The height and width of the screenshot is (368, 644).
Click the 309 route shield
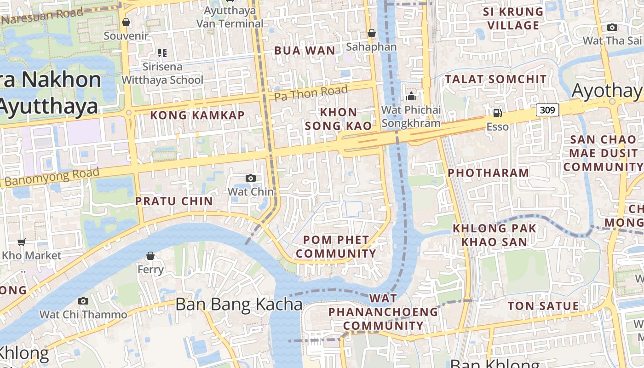click(x=547, y=110)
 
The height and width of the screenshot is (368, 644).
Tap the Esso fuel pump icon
click(x=497, y=113)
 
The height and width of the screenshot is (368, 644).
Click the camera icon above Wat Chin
click(x=251, y=178)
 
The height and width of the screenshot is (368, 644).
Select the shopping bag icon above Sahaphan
click(x=371, y=33)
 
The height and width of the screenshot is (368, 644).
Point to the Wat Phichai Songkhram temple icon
click(x=411, y=96)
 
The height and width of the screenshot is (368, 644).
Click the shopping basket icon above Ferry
click(x=150, y=256)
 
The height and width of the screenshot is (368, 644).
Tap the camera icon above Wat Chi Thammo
click(x=83, y=301)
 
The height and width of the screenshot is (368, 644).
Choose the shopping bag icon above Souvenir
click(x=126, y=22)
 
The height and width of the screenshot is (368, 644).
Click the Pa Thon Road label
click(x=311, y=93)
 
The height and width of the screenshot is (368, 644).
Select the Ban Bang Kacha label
click(x=239, y=305)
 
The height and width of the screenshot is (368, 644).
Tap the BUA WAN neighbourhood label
click(x=305, y=51)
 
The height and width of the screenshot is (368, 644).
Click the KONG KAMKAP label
click(x=197, y=115)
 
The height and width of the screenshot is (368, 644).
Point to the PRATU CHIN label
click(x=174, y=201)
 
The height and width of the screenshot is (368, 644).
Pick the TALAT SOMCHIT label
click(x=495, y=79)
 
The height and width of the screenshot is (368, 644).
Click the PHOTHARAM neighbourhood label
click(x=489, y=173)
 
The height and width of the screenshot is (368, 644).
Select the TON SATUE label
click(x=543, y=306)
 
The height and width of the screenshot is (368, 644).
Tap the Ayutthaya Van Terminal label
click(x=230, y=17)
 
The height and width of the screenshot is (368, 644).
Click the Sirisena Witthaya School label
click(x=162, y=74)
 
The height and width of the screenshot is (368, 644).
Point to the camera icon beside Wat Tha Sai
click(x=612, y=28)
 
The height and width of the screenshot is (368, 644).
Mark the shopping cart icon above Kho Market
click(x=21, y=242)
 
